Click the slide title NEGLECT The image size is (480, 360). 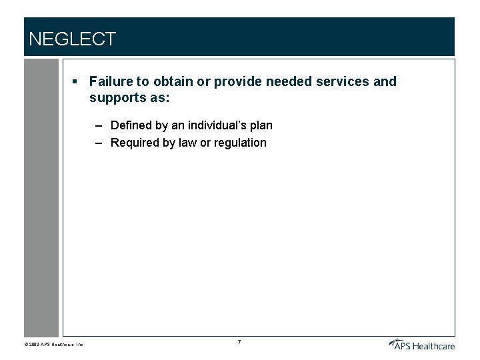click(x=72, y=39)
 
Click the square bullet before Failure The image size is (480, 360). click(x=76, y=82)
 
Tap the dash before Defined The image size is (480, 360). click(x=99, y=125)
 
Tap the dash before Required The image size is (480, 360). click(x=99, y=143)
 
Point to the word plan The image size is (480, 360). click(x=261, y=126)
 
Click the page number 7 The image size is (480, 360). click(x=239, y=343)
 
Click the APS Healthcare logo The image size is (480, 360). click(x=421, y=344)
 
